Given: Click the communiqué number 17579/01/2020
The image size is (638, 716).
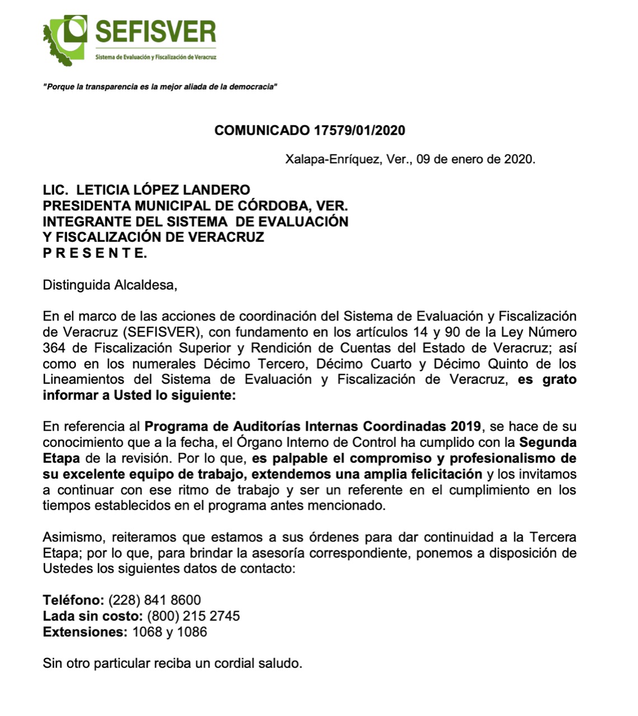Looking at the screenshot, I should [360, 130].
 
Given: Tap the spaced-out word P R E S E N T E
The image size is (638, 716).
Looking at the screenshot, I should [95, 253].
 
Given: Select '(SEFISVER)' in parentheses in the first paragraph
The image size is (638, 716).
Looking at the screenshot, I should [160, 332].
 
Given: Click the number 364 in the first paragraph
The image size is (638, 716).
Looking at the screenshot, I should [54, 348].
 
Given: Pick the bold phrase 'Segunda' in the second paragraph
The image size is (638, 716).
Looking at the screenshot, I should [548, 442].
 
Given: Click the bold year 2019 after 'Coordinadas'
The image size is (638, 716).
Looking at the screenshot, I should [466, 426].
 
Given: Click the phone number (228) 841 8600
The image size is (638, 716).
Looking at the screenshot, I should [154, 601].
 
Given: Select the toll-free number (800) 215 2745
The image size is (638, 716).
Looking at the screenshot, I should [193, 616].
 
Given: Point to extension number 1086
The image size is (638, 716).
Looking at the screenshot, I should [192, 632].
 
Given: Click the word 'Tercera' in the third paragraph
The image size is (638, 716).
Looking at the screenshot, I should [552, 538].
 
